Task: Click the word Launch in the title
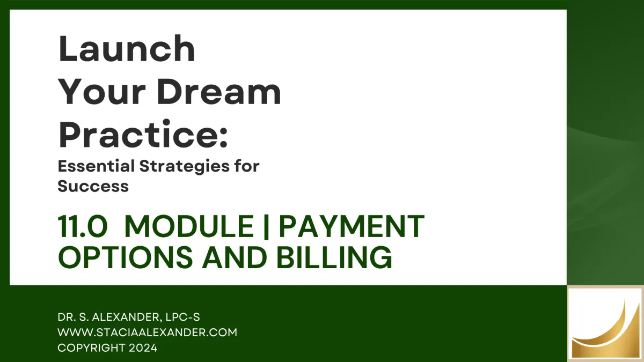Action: click(127, 48)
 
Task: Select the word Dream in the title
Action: click(219, 92)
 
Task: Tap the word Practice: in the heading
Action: click(143, 135)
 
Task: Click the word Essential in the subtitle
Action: click(96, 166)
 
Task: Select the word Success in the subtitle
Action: click(93, 186)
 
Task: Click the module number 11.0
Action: click(83, 227)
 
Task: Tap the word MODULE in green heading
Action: click(189, 227)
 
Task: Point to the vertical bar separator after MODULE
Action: click(266, 227)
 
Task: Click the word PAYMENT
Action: click(352, 227)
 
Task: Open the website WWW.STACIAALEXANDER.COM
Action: click(148, 333)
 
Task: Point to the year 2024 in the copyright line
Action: click(143, 348)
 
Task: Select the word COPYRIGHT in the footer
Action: click(91, 348)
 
